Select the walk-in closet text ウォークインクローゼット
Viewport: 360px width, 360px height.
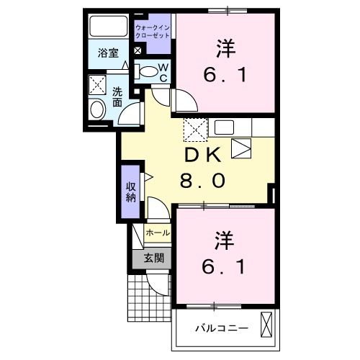153,31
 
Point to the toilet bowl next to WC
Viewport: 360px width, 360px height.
148,71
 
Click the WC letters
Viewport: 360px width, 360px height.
163,72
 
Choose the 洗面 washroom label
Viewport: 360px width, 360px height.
117,96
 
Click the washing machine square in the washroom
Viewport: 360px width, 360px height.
97,85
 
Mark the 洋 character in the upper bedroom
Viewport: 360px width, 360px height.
225,49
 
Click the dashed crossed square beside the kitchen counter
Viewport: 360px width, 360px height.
195,130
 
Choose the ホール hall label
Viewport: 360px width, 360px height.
158,233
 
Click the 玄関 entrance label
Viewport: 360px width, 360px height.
153,257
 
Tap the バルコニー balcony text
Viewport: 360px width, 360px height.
221,328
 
